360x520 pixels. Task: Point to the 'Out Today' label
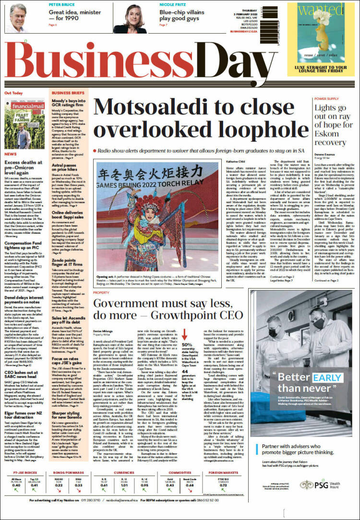pos(14,93)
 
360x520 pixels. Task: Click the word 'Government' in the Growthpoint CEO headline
pos(127,304)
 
